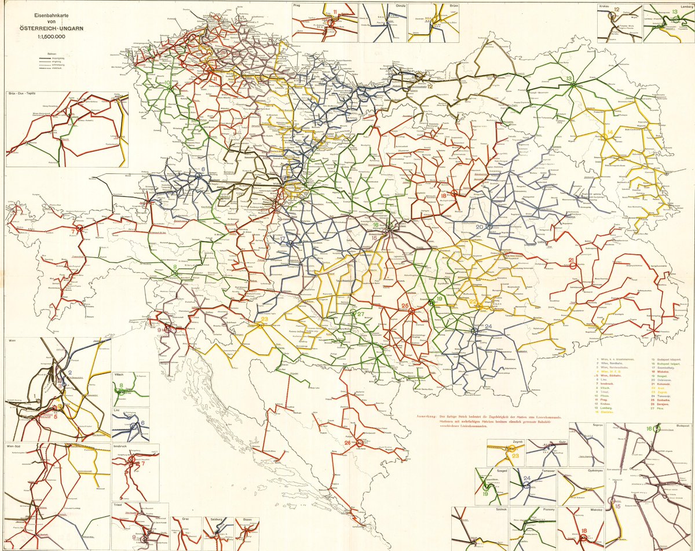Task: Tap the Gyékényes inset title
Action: (x=590, y=471)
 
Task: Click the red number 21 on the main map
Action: (x=571, y=260)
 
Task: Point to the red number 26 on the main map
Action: (x=348, y=443)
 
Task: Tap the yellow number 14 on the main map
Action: (x=609, y=134)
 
